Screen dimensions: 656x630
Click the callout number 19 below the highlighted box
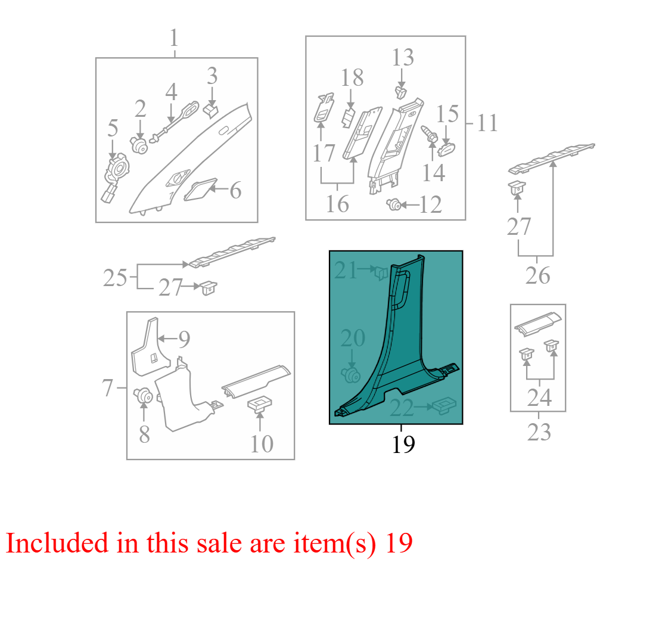click(403, 444)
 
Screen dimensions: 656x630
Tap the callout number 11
click(487, 123)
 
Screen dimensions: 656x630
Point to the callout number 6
click(235, 191)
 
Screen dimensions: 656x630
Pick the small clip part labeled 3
click(212, 110)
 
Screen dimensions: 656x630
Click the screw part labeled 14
click(429, 134)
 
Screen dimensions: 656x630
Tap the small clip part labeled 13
click(401, 92)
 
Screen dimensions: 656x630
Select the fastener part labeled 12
click(394, 204)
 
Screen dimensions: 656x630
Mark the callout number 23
click(539, 433)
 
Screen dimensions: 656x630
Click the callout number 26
click(537, 276)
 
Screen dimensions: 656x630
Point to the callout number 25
click(115, 278)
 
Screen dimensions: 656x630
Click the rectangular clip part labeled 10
click(259, 405)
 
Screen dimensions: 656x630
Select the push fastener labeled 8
click(143, 395)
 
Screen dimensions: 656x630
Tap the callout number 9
click(184, 339)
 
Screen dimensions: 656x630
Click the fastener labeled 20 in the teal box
click(350, 374)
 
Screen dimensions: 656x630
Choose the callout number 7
click(107, 388)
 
